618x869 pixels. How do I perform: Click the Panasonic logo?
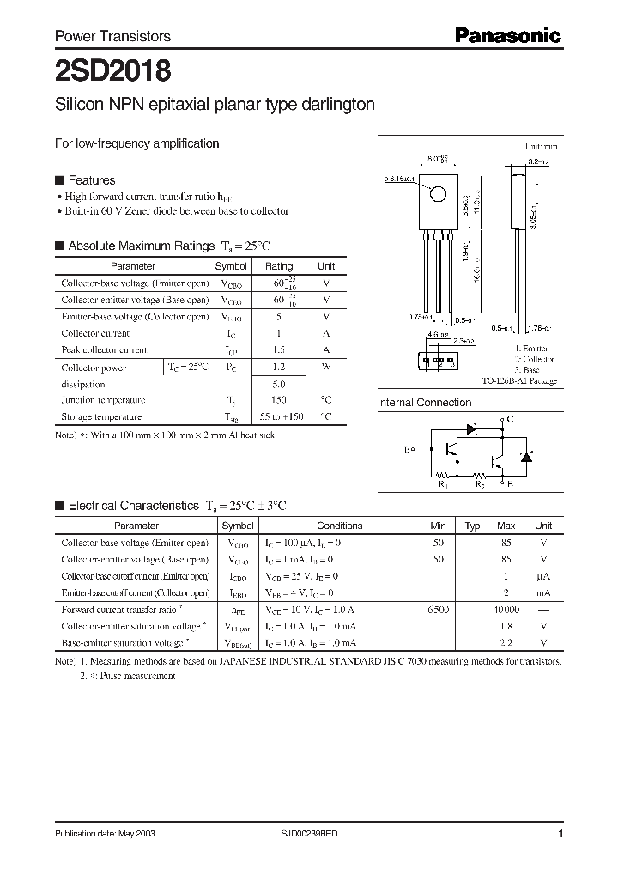click(507, 35)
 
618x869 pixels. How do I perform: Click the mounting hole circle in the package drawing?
click(438, 194)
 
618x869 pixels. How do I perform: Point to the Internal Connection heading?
click(424, 402)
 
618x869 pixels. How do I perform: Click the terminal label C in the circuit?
click(511, 419)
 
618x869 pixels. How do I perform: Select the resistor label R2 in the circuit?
click(482, 485)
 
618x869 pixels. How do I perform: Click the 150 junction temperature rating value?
click(279, 400)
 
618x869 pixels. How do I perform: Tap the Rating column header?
click(279, 266)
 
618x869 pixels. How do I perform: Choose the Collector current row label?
click(95, 333)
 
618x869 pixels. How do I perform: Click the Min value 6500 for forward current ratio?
click(438, 610)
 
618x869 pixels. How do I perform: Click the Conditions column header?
click(340, 526)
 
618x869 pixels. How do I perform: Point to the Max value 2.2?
click(506, 642)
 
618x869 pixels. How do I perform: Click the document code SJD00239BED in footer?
click(316, 834)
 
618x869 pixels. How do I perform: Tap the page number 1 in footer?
click(560, 834)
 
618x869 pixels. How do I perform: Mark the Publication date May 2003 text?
click(106, 834)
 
